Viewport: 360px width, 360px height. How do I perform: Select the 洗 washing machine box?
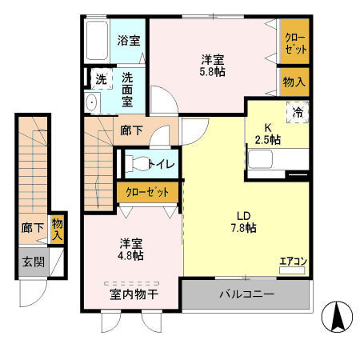pyautogui.click(x=101, y=79)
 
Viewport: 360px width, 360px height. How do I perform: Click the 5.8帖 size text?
pyautogui.click(x=212, y=71)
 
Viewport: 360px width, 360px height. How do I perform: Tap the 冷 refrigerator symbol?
pyautogui.click(x=296, y=113)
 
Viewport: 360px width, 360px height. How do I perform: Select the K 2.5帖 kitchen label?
pyautogui.click(x=268, y=133)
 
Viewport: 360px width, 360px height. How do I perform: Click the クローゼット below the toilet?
pyautogui.click(x=148, y=192)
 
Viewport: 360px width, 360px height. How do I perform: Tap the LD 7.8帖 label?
pyautogui.click(x=245, y=222)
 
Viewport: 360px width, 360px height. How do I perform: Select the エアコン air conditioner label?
pyautogui.click(x=292, y=261)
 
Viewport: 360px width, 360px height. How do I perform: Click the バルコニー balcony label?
pyautogui.click(x=247, y=295)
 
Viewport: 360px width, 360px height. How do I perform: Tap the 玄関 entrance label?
pyautogui.click(x=33, y=261)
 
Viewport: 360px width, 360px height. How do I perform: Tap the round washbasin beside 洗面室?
pyautogui.click(x=90, y=102)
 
